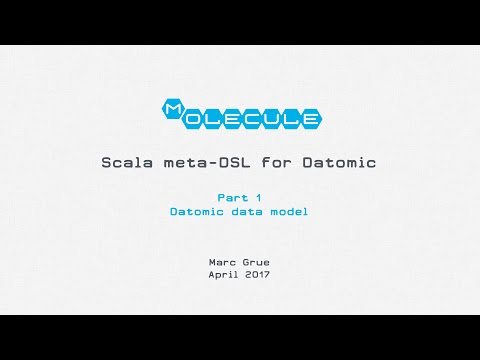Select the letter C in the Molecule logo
click(259, 120)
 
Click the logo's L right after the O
click(214, 120)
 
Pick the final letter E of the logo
click(312, 120)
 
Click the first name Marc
click(221, 262)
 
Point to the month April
click(221, 274)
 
